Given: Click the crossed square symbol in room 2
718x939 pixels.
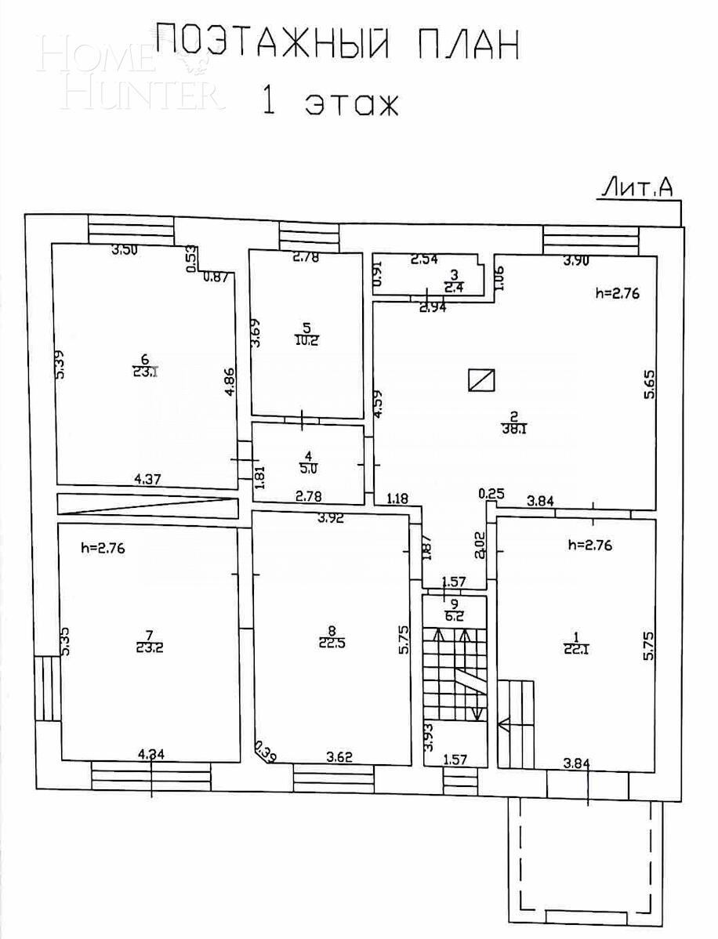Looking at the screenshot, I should [x=481, y=379].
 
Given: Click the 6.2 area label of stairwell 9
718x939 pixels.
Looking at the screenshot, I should [x=453, y=616].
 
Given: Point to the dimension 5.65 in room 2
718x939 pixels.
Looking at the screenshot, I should [x=649, y=384].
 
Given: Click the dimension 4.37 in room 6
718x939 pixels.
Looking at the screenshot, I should [x=147, y=480].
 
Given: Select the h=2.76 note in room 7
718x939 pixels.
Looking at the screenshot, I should [x=103, y=548].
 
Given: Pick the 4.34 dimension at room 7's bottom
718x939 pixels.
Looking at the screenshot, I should [x=151, y=755].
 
